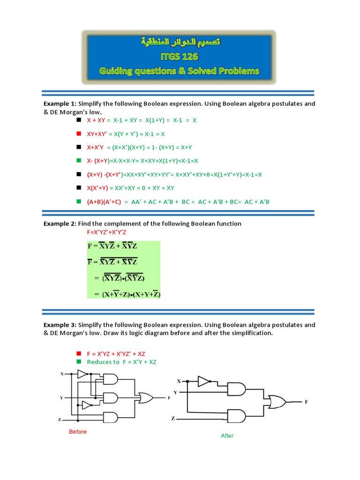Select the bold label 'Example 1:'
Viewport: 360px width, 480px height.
tap(60, 104)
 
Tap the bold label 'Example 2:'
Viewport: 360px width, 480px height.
tap(60, 224)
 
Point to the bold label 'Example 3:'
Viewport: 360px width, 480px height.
tap(60, 325)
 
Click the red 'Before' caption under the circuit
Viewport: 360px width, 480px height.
tap(78, 432)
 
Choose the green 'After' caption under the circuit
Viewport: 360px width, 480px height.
tap(227, 435)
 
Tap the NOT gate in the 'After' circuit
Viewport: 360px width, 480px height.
tap(203, 381)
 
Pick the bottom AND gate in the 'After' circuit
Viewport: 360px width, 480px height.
tap(236, 416)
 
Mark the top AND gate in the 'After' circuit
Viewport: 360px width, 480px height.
tap(236, 389)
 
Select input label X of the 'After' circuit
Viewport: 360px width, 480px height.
tap(179, 381)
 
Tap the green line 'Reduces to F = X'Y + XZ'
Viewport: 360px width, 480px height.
tap(123, 362)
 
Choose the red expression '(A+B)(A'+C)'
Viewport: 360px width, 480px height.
tap(104, 202)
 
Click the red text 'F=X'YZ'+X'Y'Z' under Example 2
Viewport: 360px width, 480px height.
tap(113, 232)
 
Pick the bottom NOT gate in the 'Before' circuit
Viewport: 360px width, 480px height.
tap(87, 404)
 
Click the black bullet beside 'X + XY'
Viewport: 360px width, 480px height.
tap(78, 120)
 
